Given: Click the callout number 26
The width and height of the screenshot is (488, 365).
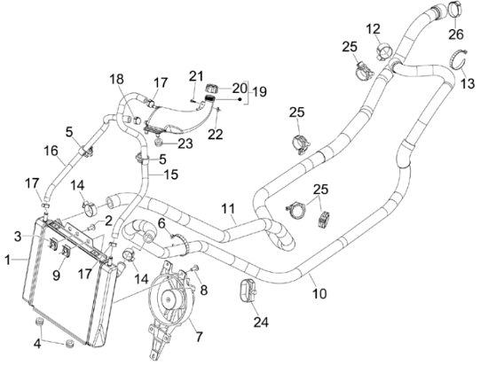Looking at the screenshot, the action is (456, 35).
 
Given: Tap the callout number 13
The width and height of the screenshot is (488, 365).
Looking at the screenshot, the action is (468, 83).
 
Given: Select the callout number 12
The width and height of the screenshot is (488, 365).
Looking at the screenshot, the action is (373, 29).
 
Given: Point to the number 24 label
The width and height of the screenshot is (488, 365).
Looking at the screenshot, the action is (261, 322).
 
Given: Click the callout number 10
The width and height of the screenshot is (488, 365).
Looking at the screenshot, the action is (319, 293).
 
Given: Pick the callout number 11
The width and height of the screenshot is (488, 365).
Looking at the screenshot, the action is (228, 208).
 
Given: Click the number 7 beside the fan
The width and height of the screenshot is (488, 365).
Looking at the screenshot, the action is (199, 337).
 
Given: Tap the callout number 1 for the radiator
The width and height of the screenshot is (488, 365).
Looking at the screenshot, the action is (8, 260).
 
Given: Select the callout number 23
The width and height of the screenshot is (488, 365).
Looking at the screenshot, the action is (185, 144).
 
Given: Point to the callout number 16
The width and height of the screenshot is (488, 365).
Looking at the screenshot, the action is (51, 151).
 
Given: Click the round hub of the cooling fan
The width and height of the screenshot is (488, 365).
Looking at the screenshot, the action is (169, 299).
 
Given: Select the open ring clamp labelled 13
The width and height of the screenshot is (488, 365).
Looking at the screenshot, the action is (452, 62).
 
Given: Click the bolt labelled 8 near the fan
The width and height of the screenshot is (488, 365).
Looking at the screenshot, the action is (195, 267).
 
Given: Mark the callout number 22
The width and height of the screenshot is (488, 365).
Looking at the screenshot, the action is (216, 135).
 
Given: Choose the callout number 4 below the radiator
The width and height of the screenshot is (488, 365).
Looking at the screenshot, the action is (37, 344).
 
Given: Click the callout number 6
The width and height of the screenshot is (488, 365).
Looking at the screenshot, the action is (161, 223).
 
